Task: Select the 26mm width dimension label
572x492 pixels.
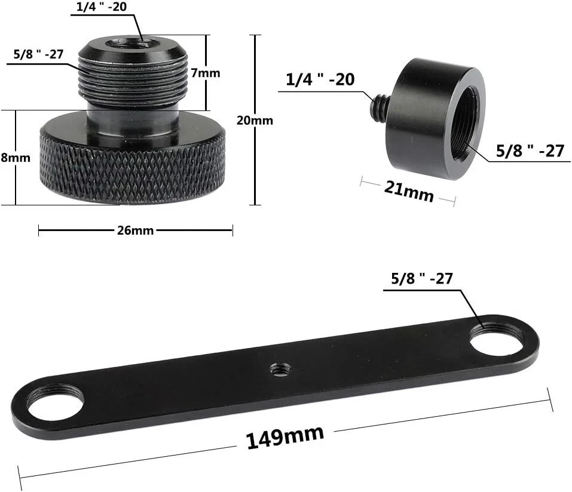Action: [135, 230]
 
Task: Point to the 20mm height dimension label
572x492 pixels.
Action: [255, 120]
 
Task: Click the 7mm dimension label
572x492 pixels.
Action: [206, 73]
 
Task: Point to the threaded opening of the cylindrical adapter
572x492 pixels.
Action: [466, 122]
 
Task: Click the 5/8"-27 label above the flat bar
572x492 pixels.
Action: [421, 278]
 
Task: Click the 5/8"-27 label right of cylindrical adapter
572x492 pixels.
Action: [530, 151]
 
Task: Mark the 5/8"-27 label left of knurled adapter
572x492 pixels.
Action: [38, 54]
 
